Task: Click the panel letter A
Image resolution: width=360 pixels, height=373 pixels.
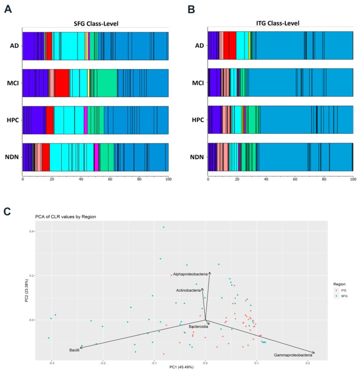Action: tap(8, 9)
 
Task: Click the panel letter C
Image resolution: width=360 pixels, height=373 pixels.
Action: tap(7, 211)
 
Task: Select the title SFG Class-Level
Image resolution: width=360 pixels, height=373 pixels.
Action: tap(96, 23)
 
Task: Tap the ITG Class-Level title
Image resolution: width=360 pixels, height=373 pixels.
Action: tap(277, 23)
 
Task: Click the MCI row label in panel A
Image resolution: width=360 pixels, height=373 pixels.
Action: tap(13, 83)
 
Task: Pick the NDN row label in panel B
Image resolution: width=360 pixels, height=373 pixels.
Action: tap(197, 157)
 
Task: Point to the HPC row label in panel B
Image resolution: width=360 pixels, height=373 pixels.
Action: tap(198, 120)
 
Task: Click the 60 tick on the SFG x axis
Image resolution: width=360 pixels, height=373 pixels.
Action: tap(110, 179)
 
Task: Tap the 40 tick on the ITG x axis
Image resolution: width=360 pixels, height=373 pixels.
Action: tap(266, 179)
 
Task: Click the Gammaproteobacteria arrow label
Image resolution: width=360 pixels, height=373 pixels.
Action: tap(293, 355)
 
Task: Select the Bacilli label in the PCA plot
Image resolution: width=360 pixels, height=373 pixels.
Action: tap(74, 350)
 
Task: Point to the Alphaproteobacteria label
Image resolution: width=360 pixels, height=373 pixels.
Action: tap(190, 274)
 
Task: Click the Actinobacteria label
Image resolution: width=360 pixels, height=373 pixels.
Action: tap(188, 290)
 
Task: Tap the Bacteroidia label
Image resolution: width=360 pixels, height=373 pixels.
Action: tap(198, 327)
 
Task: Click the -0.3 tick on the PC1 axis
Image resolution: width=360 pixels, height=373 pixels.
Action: tap(52, 363)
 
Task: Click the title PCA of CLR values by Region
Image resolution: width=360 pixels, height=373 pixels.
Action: tap(66, 217)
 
